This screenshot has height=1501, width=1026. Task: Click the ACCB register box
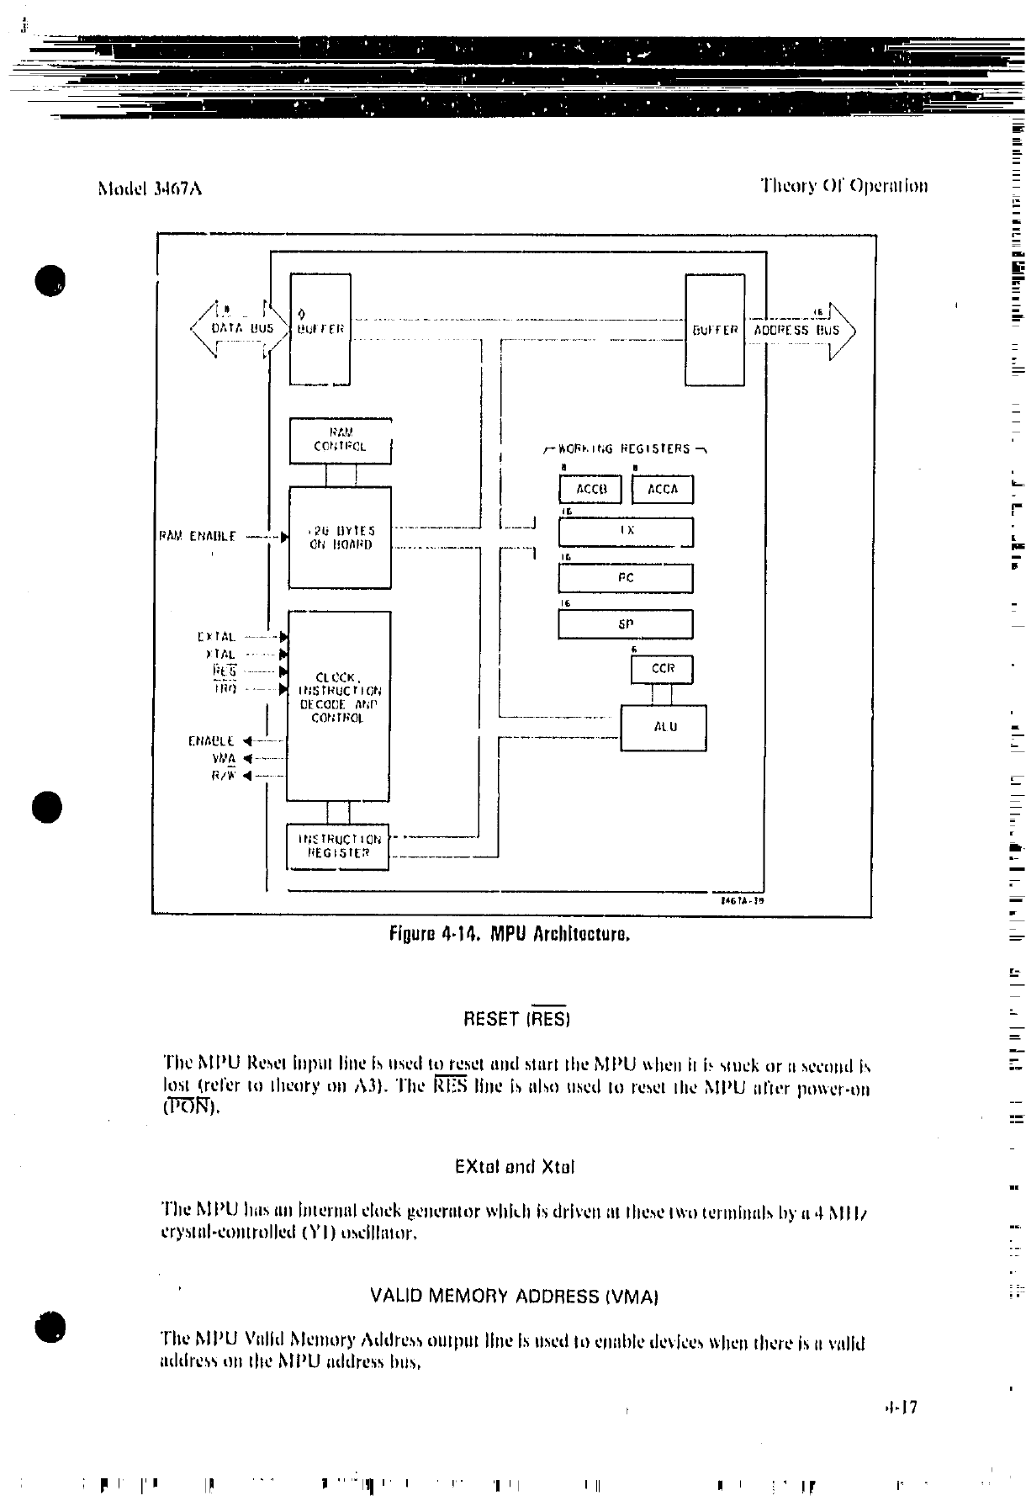pos(590,490)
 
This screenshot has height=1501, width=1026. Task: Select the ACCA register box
pos(663,490)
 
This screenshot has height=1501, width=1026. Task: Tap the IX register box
pos(626,532)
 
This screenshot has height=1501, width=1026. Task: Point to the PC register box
pos(626,579)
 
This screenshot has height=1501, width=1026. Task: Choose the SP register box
pos(626,624)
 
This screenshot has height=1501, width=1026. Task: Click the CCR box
pos(663,670)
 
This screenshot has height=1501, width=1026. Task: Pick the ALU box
pos(664,728)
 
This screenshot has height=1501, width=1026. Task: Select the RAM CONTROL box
pos(341,441)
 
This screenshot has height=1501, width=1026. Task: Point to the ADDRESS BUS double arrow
pos(799,330)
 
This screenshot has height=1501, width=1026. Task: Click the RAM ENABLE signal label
pos(198,536)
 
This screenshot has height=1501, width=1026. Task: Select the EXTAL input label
pos(216,638)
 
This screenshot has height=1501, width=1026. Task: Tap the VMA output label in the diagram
pos(223,758)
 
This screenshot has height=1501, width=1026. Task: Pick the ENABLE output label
pos(212,741)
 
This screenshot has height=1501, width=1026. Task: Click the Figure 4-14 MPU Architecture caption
pos(510,934)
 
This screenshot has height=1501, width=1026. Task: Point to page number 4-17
pos(900,1407)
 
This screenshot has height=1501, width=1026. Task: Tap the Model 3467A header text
pos(150,188)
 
